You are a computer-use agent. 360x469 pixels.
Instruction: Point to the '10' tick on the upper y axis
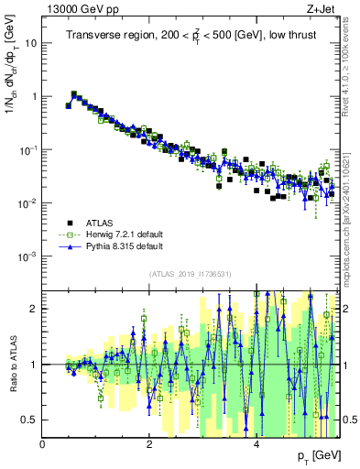click(x=31, y=43)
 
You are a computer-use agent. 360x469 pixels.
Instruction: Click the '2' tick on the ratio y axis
click(x=35, y=309)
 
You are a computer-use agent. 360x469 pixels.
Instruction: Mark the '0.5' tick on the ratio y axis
click(x=31, y=420)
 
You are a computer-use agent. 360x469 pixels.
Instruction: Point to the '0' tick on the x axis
click(x=43, y=444)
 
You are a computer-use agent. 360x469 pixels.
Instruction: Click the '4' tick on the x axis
click(x=256, y=444)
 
